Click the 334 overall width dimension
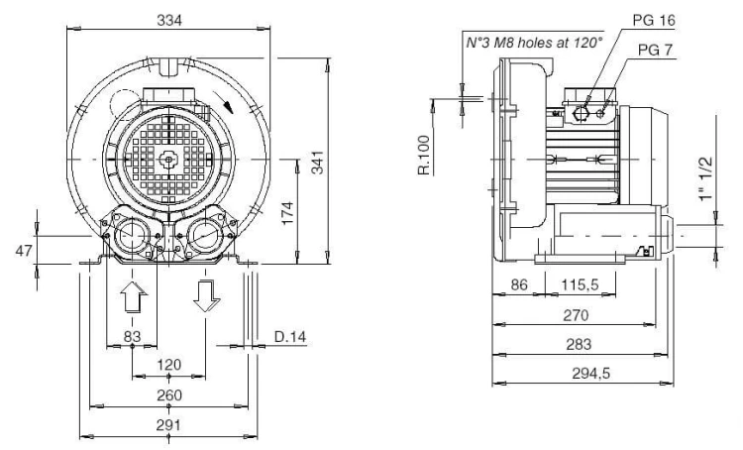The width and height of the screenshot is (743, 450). coord(169,21)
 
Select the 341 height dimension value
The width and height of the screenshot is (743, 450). coord(318,163)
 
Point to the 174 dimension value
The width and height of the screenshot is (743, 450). coord(287,213)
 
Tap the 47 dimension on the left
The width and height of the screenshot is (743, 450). coord(24,251)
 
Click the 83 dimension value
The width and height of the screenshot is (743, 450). coord(132,336)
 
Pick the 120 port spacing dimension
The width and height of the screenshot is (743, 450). coord(169,365)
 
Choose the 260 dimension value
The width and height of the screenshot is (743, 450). coord(169,395)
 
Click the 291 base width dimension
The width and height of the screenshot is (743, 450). coord(169,425)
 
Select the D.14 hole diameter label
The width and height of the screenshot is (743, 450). coord(290,337)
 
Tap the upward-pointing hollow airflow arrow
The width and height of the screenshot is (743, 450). coord(134,296)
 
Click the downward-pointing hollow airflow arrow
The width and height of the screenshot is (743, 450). coord(207,296)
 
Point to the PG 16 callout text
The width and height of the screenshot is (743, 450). coord(654,20)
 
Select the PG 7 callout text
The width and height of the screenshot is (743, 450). coord(656,50)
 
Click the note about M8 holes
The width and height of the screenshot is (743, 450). coord(535,43)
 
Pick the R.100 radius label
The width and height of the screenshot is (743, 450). coord(425,155)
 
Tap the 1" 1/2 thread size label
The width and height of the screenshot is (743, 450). coord(705,178)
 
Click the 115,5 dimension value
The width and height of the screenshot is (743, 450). coord(580,285)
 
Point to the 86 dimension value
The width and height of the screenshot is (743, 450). coord(519,284)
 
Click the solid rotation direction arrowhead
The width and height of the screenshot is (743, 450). coord(229,107)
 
